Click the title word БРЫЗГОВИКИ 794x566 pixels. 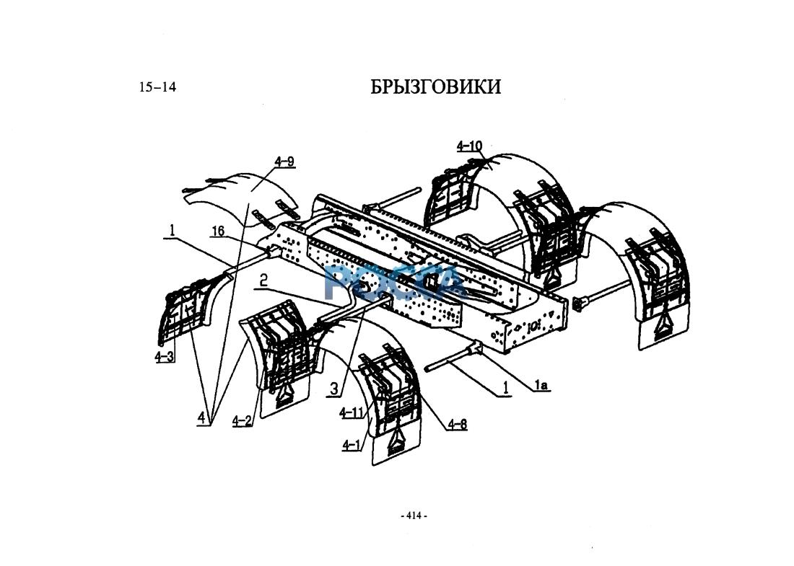pyautogui.click(x=435, y=87)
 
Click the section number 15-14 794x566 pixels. pyautogui.click(x=157, y=88)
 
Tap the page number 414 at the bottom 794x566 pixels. pyautogui.click(x=414, y=516)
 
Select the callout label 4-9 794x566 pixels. pyautogui.click(x=284, y=162)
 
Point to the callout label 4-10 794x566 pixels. pyautogui.click(x=469, y=146)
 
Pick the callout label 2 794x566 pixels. pyautogui.click(x=263, y=280)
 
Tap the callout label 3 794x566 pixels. pyautogui.click(x=333, y=389)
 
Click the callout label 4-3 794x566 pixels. pyautogui.click(x=165, y=357)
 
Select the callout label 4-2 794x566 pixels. pyautogui.click(x=242, y=421)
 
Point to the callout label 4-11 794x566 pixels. pyautogui.click(x=351, y=412)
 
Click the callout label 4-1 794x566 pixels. pyautogui.click(x=352, y=446)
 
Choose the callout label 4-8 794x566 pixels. pyautogui.click(x=457, y=424)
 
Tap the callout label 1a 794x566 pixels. pyautogui.click(x=541, y=386)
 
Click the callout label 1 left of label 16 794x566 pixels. pyautogui.click(x=172, y=230)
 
